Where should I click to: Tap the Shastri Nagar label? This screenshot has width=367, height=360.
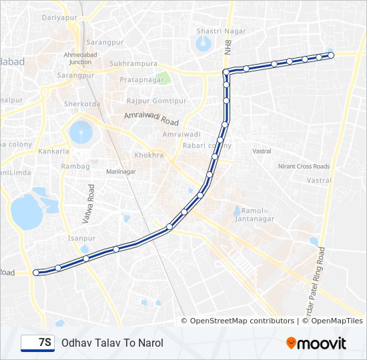click(x=213, y=30)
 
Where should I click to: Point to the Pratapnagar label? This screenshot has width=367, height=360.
click(x=138, y=79)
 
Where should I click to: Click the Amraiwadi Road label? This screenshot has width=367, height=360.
click(x=151, y=119)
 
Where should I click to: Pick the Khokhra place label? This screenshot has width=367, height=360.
click(x=148, y=155)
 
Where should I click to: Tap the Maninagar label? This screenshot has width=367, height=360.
click(x=120, y=171)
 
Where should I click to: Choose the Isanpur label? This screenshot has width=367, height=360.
click(x=81, y=238)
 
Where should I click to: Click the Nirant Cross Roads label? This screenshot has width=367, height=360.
click(x=304, y=166)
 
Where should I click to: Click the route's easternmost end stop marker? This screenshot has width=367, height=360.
click(x=330, y=55)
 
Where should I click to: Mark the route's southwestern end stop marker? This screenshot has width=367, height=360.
click(x=36, y=272)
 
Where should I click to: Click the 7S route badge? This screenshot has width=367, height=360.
click(x=37, y=343)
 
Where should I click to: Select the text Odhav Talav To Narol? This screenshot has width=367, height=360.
click(x=111, y=343)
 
